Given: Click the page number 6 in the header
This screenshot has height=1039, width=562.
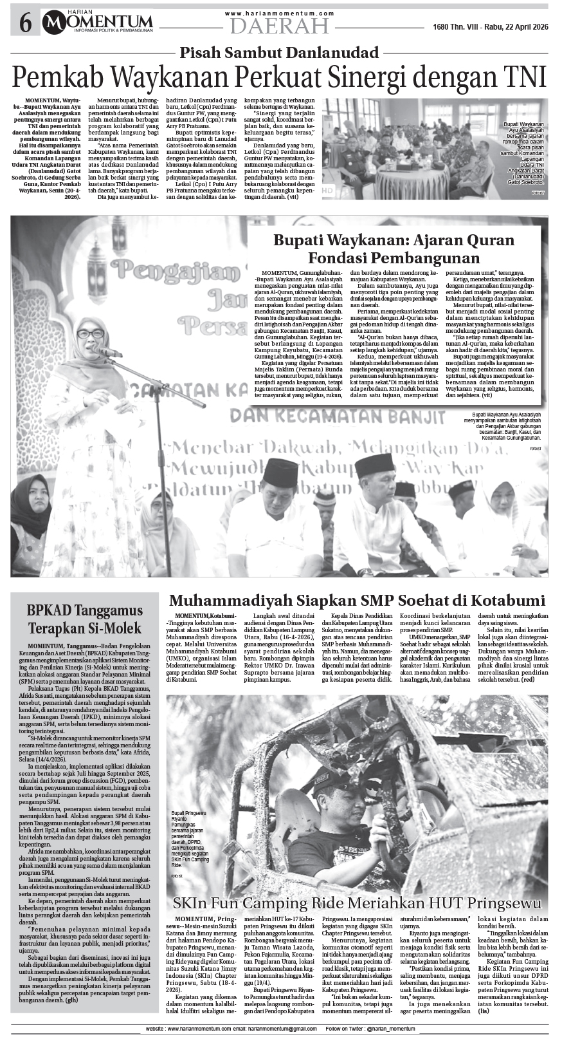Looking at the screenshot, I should [26, 24].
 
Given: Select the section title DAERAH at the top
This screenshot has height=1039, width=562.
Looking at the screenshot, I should [280, 26].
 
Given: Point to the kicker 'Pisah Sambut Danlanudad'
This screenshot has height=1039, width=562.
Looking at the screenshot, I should [279, 53].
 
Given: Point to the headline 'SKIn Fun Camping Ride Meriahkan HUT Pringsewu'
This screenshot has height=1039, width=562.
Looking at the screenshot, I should [357, 903].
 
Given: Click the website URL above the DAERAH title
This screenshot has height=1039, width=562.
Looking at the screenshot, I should [280, 13].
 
